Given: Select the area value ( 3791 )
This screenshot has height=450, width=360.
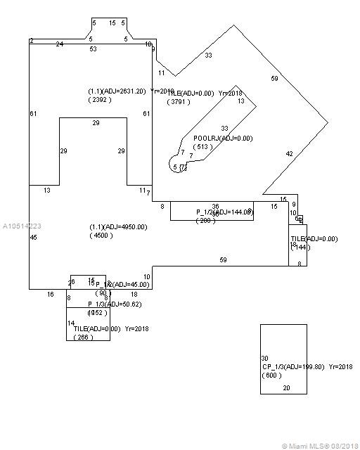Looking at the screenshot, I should pos(179,102).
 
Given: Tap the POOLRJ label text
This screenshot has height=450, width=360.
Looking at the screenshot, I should pos(205,139).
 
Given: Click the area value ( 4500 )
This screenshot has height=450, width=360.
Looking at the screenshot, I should pos(101,236).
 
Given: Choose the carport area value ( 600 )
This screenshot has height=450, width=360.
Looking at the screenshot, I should pos(271,375).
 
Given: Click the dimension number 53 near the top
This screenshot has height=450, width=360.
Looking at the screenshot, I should pos(93,49).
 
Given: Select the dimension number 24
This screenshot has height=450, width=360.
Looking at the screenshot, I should pos(59,44).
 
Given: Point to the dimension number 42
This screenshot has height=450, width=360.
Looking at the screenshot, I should pos(289,153).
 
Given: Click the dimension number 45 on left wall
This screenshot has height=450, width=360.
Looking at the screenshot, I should pos(34,238).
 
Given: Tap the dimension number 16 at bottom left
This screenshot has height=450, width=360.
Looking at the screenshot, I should pos(50,295).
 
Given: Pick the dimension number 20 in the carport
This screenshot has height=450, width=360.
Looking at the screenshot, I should pos(285,387).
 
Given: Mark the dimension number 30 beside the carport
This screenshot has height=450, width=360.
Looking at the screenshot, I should pos(264,358).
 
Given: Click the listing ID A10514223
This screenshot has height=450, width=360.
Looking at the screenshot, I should pos(21,226).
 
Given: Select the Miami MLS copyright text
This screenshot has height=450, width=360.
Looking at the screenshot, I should pos(320,445).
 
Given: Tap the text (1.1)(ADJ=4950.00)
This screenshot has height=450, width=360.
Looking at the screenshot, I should pos(117,227).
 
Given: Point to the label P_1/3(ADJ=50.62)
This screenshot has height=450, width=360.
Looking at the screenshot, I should pos(113,304).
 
